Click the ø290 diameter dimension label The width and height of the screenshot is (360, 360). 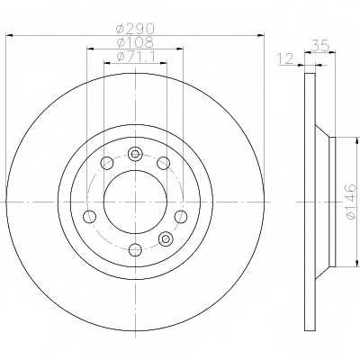[135, 29]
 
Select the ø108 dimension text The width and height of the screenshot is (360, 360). [135, 42]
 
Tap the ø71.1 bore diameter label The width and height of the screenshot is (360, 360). [136, 57]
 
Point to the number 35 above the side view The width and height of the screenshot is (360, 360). [320, 46]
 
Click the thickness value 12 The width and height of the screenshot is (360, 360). [285, 58]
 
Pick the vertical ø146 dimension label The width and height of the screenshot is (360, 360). [351, 202]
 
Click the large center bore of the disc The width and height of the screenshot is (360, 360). [135, 202]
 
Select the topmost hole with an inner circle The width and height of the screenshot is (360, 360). [135, 154]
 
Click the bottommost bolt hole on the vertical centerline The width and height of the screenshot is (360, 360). [135, 249]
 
